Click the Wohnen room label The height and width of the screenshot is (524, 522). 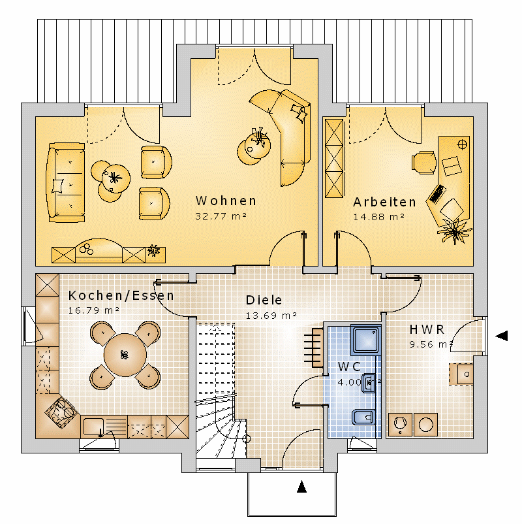coord(226,201)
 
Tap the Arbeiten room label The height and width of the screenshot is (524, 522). coord(384,202)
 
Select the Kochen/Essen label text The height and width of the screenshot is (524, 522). coord(121,296)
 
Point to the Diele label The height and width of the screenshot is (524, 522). coord(264,300)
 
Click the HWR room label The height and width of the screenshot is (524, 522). coord(427,329)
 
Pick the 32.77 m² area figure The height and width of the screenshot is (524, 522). coord(221,216)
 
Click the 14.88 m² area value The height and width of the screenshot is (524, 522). coord(379,217)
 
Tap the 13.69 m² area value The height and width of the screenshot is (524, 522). coord(271,316)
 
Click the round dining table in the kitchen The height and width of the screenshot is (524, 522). coord(125,355)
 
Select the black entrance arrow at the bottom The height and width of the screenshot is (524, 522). coord(301,487)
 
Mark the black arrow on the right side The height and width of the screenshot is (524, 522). coord(501,336)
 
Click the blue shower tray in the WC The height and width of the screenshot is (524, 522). coord(366,340)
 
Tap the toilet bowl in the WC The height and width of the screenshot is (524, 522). coord(363,418)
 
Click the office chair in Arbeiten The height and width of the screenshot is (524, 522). coord(424,163)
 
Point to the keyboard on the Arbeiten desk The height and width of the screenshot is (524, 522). coord(438,194)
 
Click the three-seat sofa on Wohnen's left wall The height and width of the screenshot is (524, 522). coord(66,182)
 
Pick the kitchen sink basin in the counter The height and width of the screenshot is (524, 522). coord(93,427)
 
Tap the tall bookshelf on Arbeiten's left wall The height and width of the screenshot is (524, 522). coord(334,158)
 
